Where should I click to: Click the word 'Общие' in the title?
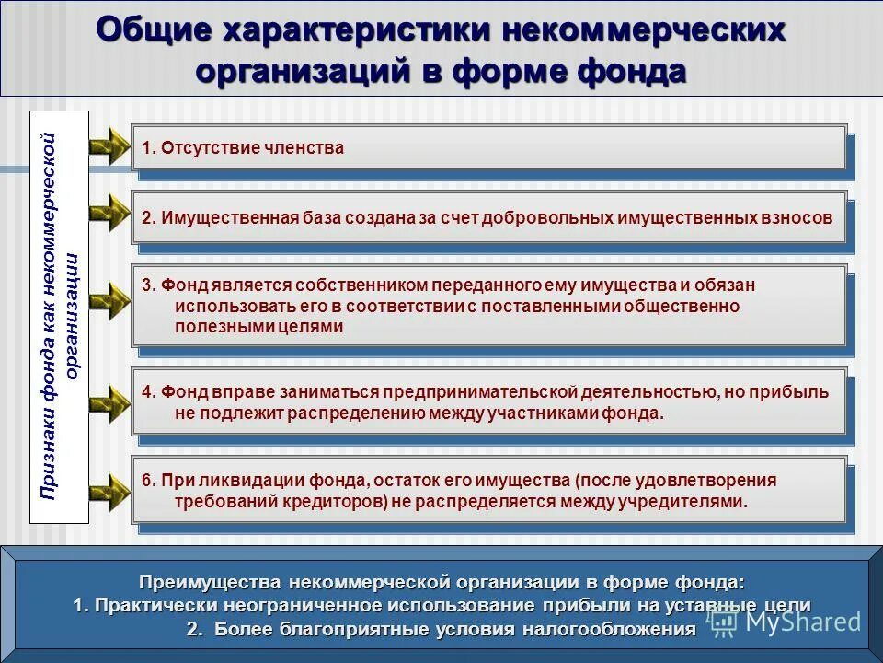[150, 30]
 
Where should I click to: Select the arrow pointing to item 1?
[109, 145]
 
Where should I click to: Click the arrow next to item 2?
[109, 213]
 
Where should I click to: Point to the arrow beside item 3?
[109, 301]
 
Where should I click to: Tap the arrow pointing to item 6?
[109, 489]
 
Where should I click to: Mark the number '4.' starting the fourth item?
[149, 392]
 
